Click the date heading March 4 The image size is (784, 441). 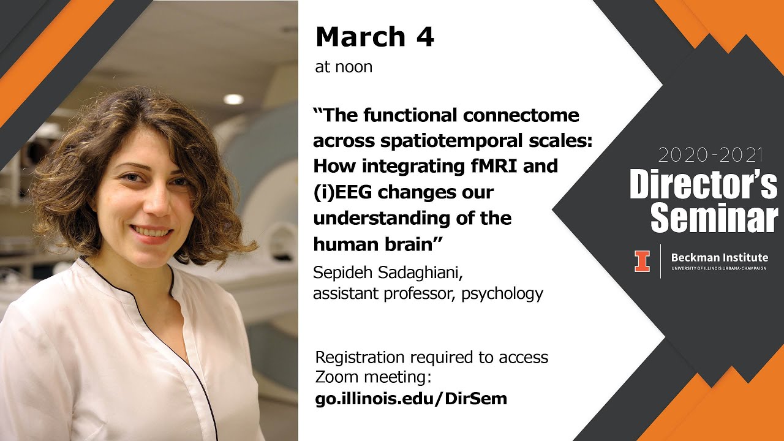coord(374,38)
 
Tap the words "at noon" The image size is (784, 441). coord(344,67)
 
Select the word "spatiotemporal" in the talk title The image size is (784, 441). coord(456,140)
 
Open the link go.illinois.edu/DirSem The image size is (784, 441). coord(410,399)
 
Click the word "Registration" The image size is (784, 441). coord(360,357)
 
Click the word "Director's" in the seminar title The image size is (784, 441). coord(703,184)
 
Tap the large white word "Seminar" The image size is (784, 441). coord(714,217)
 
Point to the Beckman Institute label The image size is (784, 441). coord(719,258)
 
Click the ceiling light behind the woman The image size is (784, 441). coord(233,99)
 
